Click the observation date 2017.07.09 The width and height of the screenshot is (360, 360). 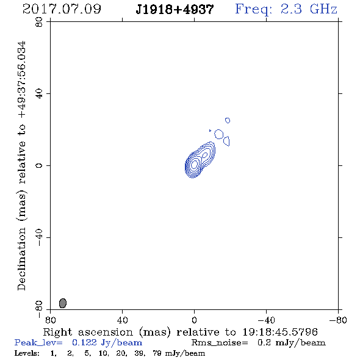62,9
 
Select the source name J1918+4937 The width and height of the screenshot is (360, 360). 175,10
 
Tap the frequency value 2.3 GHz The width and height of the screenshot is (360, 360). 309,9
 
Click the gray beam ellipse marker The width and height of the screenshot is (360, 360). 63,303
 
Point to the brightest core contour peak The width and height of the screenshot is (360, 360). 194,164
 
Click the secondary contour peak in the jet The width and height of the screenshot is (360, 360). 205,155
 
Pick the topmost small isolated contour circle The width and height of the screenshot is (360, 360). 228,120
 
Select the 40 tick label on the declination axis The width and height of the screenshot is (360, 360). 39,94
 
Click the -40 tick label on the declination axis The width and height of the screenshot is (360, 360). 39,237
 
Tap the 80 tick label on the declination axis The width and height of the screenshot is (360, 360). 39,22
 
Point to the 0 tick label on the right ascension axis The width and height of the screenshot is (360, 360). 194,320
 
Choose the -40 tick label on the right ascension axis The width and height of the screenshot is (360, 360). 266,320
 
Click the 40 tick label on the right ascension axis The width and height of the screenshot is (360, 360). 123,320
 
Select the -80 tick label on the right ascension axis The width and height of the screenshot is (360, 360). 338,320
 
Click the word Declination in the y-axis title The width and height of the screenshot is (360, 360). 21,259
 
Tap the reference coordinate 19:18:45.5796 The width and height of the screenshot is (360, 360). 280,332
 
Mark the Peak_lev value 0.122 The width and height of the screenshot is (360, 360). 84,342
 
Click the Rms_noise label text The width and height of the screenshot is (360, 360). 220,343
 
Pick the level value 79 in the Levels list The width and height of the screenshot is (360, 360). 157,353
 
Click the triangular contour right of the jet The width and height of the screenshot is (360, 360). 227,141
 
